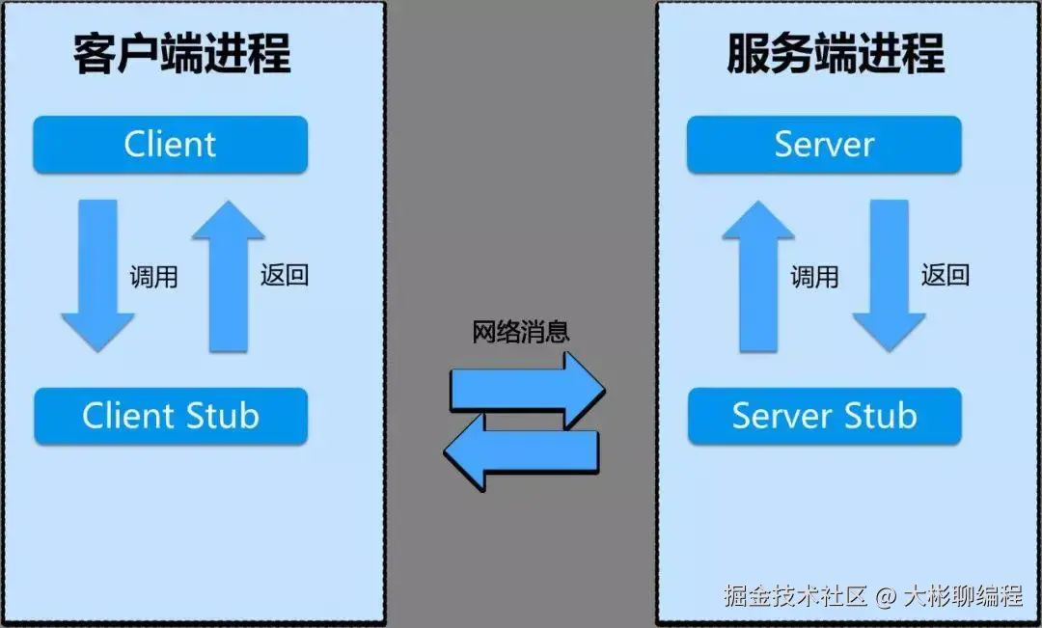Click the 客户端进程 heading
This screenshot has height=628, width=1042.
(182, 54)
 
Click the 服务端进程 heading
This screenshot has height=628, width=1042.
(836, 54)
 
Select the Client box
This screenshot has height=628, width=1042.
(170, 145)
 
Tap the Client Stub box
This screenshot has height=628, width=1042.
(170, 417)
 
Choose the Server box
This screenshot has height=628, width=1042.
(823, 145)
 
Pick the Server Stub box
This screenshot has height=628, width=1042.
(823, 417)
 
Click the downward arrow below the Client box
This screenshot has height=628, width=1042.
(97, 275)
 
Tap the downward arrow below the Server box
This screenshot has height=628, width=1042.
(889, 275)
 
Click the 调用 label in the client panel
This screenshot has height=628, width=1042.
(154, 277)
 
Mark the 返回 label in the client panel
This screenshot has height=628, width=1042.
(285, 275)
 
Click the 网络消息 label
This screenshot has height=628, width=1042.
(521, 332)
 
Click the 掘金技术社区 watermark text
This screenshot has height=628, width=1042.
(796, 595)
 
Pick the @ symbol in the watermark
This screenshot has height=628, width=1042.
(886, 596)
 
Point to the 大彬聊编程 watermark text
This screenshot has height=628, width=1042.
(962, 595)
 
